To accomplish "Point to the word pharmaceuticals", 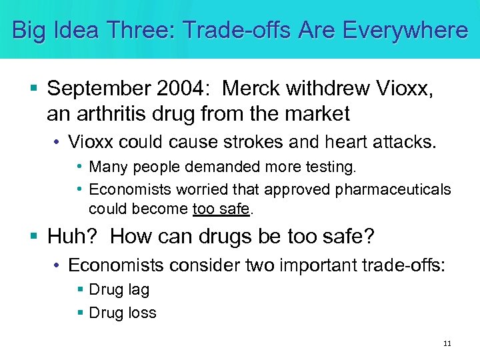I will coord(393,190).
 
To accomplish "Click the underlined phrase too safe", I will coord(221,209).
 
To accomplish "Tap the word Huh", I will coord(71,236).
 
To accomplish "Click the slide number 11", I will coord(447,344).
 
